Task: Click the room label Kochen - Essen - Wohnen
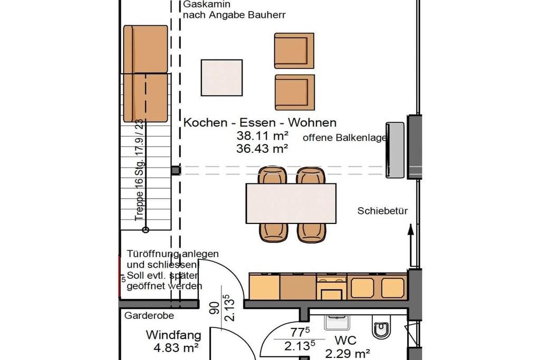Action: pos(260,122)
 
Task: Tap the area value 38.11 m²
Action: pos(262,136)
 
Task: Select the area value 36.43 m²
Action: pos(262,149)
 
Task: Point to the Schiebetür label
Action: pos(382,211)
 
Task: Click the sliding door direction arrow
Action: pos(410,245)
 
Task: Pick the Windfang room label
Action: pos(173,335)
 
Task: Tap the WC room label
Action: pos(345,340)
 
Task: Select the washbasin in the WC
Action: pos(337,322)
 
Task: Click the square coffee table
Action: pos(222,78)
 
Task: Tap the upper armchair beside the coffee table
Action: pos(294,51)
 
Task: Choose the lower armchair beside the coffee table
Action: pos(295,93)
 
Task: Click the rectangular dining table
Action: pos(291,203)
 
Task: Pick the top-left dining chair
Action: pos(273,175)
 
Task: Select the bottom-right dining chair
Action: pos(311,232)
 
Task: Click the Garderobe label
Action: pos(149,316)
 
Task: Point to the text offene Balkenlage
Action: pos(344,138)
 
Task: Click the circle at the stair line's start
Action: pos(146,230)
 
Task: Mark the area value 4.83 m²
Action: pos(176,347)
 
